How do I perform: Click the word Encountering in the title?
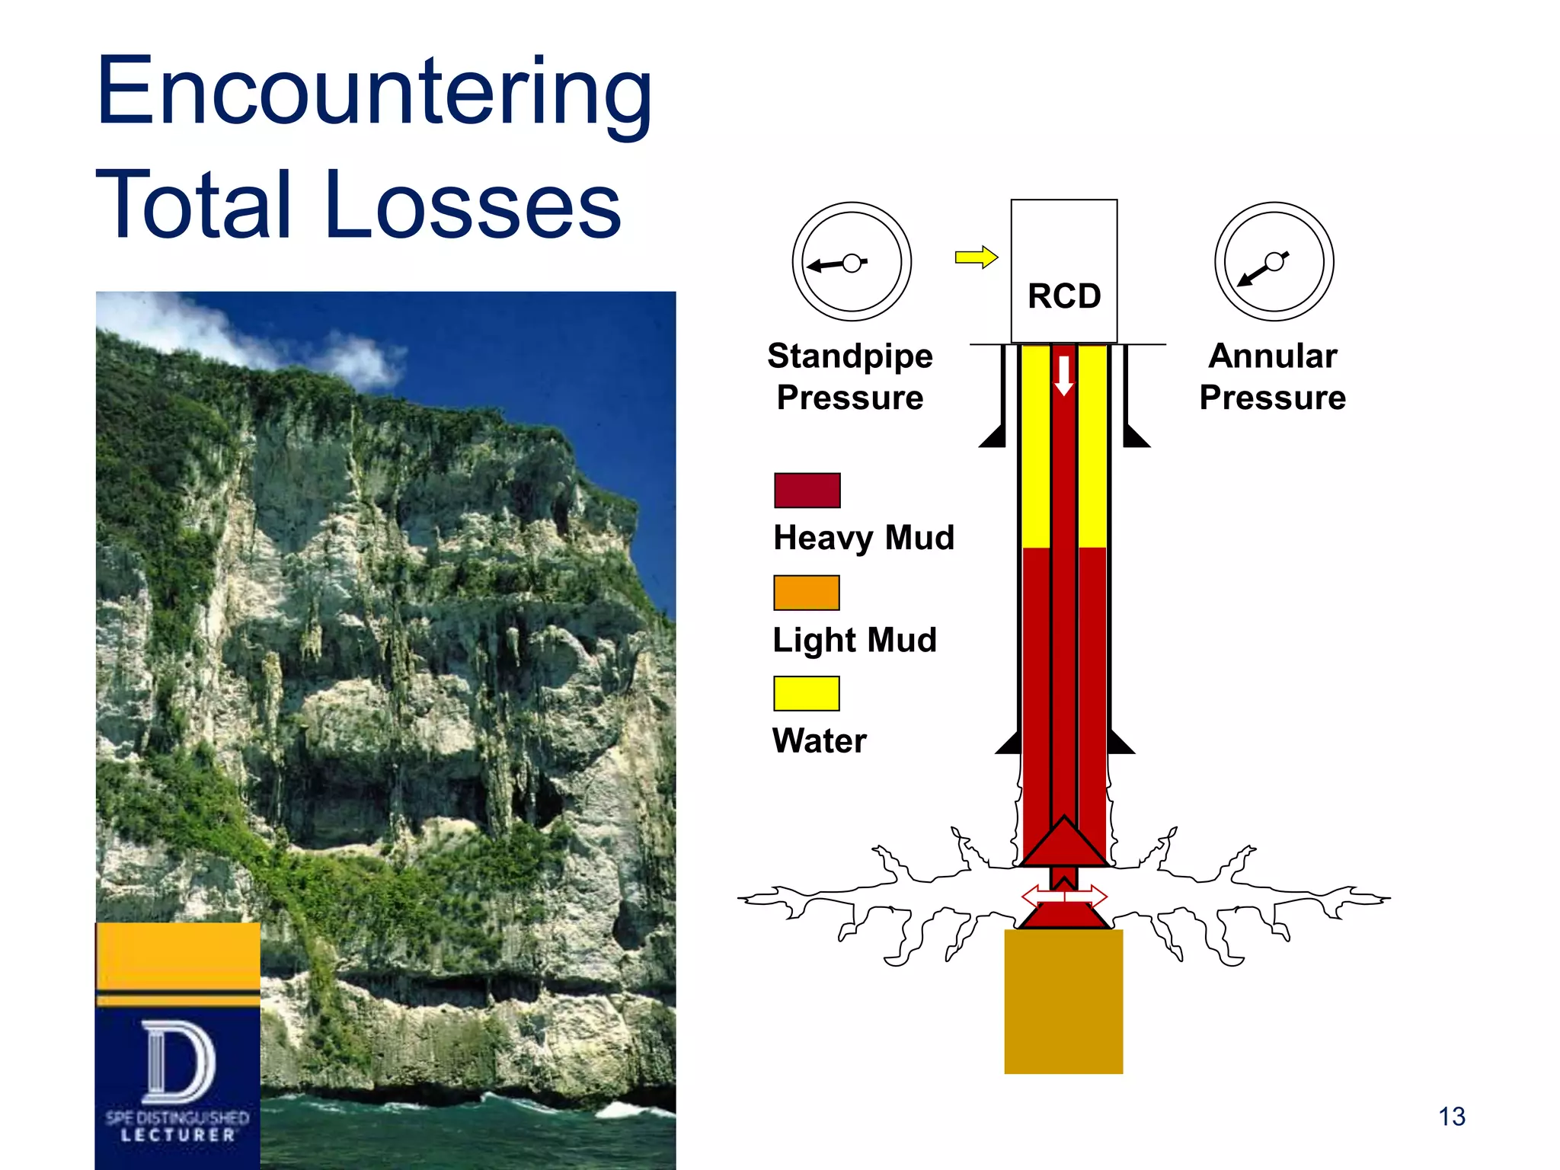pos(374,91)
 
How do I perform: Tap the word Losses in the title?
pos(472,204)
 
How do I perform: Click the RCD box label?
pos(1063,296)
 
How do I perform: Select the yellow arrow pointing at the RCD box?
pos(976,257)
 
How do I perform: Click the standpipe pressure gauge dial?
pos(852,262)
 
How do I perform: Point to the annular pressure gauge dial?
pos(1274,262)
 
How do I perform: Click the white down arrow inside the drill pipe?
pos(1064,376)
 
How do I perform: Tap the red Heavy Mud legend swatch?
pos(807,491)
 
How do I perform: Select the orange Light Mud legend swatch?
pos(806,593)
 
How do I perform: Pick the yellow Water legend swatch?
pos(806,693)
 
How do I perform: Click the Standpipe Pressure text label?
pos(850,377)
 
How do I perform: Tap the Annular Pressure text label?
pos(1273,377)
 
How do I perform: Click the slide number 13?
pos(1451,1117)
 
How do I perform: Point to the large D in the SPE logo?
pos(178,1062)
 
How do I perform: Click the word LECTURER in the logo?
pos(178,1136)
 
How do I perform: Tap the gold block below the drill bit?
pos(1063,1001)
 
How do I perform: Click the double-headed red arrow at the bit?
pos(1063,896)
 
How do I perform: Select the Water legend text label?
pos(819,741)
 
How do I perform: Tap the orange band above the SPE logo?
pos(178,956)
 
